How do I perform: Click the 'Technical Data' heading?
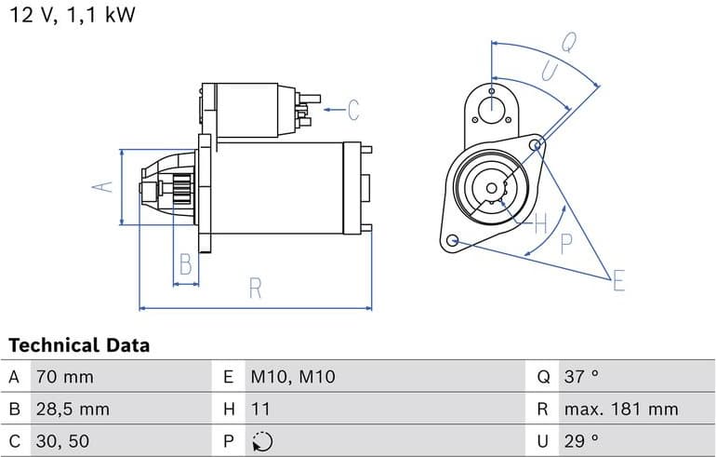78,345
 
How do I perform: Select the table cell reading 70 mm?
64,377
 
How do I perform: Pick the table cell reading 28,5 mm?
73,409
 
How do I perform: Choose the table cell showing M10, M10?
292,377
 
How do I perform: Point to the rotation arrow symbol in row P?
262,441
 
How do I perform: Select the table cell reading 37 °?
581,377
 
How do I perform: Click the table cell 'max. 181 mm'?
620,409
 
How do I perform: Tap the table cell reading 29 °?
581,440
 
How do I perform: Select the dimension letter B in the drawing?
186,265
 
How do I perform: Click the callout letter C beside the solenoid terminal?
353,110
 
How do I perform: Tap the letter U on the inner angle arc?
549,72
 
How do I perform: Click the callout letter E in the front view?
618,280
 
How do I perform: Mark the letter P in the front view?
566,244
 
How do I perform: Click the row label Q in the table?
544,377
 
